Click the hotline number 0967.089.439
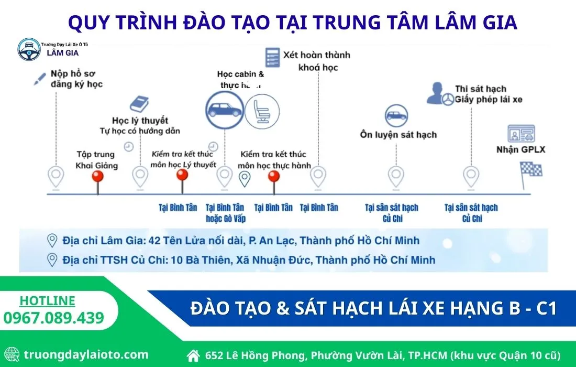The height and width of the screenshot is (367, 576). point(54,318)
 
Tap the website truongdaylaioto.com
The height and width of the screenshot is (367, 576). point(86,354)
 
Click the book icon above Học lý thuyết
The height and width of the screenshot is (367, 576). point(139,104)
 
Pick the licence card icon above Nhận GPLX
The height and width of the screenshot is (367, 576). point(521,135)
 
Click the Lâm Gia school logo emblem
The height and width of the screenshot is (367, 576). point(29,49)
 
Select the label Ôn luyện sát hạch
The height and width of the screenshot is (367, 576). point(398,135)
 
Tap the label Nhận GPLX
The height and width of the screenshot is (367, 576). point(521,150)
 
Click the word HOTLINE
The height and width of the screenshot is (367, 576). point(48,301)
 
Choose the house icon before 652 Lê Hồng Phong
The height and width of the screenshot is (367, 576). point(194,355)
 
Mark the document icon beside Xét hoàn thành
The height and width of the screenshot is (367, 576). point(271,57)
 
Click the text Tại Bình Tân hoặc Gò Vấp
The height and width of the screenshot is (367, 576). point(226,213)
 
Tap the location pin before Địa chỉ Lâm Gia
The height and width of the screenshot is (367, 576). point(52,241)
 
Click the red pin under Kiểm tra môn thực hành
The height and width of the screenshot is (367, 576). point(273,177)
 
